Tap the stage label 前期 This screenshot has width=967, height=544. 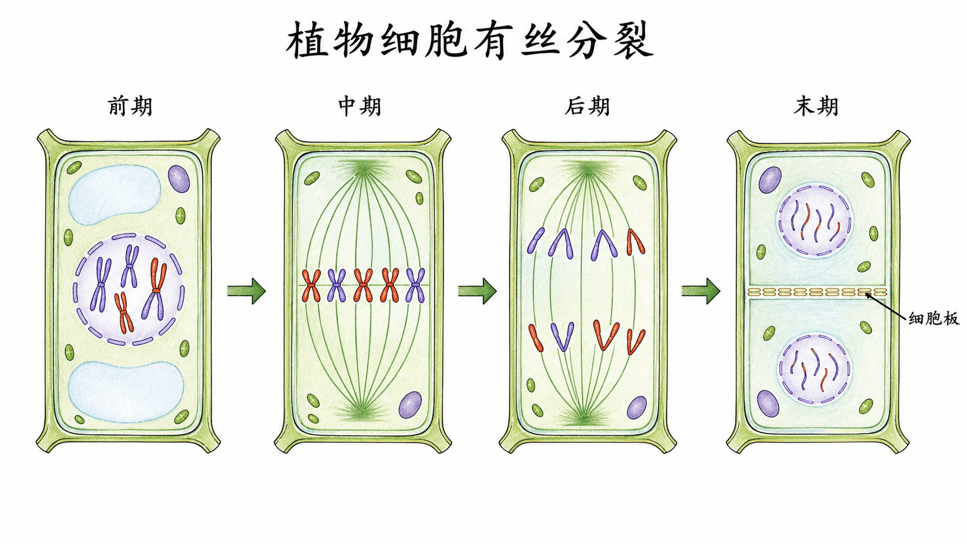click(130, 106)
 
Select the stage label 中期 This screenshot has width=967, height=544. click(360, 106)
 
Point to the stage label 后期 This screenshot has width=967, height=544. click(587, 106)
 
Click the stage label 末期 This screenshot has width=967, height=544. click(815, 106)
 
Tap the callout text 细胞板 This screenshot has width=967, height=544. click(934, 319)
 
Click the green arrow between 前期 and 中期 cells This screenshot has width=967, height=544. click(246, 291)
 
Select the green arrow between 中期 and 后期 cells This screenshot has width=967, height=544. click(477, 291)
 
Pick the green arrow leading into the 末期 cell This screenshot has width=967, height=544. click(700, 291)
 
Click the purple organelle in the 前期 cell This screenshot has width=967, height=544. click(179, 179)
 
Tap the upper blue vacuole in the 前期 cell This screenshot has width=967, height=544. click(115, 194)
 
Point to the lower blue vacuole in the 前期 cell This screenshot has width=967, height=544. click(126, 392)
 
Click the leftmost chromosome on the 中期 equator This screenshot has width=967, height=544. click(311, 286)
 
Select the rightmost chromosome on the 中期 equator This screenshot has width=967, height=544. click(415, 286)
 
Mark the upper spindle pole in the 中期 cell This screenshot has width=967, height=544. click(364, 168)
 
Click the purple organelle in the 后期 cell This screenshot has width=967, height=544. click(636, 408)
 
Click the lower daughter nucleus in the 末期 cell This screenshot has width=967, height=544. click(815, 369)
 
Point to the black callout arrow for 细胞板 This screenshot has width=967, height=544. click(885, 306)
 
